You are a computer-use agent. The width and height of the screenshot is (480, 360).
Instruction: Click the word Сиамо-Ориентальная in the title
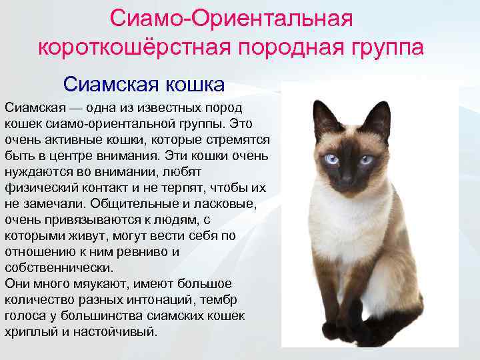tap(231, 18)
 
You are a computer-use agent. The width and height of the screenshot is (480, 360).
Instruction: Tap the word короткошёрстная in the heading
tap(133, 48)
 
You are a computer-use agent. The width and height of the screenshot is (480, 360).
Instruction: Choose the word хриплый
tap(34, 331)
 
